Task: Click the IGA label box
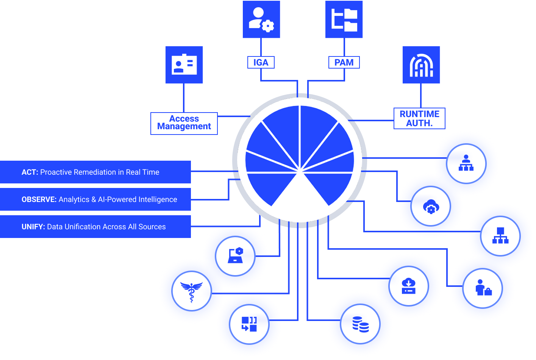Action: [261, 63]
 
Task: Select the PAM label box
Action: [344, 63]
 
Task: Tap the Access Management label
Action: [184, 123]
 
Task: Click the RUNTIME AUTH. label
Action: [419, 119]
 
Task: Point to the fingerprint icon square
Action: [421, 65]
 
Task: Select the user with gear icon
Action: [261, 19]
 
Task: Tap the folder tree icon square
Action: [344, 19]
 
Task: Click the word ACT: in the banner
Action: [30, 172]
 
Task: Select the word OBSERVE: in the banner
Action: [39, 200]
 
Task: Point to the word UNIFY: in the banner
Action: [33, 227]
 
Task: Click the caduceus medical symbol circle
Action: [192, 291]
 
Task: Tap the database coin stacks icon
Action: [360, 324]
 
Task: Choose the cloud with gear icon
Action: [431, 207]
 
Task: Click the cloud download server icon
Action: [408, 286]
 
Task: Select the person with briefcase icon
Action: [483, 288]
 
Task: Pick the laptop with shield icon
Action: [235, 256]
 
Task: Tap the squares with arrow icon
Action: [249, 324]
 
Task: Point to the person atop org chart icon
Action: [466, 163]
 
